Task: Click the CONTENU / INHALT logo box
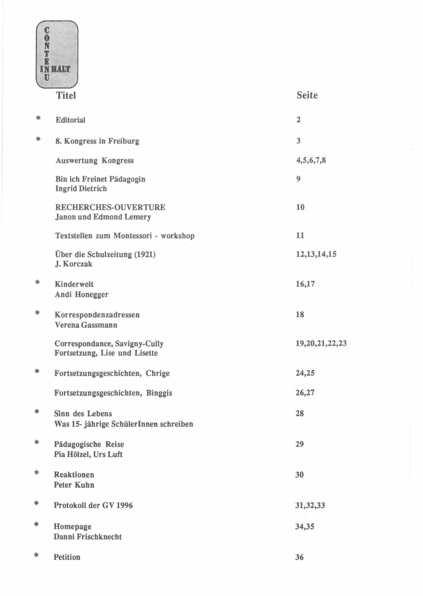click(x=57, y=54)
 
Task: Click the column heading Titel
click(x=66, y=95)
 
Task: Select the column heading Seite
click(x=307, y=95)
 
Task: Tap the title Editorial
click(x=70, y=120)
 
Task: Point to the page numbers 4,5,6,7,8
click(x=311, y=160)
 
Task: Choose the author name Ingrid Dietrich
click(x=81, y=189)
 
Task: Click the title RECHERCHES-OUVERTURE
click(x=110, y=207)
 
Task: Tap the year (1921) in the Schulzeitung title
click(x=145, y=254)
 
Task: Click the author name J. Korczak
click(x=73, y=264)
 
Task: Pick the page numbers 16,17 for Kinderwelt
click(x=305, y=284)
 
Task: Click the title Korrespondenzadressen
click(x=97, y=315)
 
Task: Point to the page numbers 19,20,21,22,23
click(x=321, y=343)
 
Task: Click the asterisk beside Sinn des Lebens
click(x=37, y=412)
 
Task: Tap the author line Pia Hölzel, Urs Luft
click(x=88, y=454)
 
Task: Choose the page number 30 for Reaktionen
click(x=299, y=475)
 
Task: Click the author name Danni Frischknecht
click(x=87, y=537)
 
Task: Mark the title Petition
click(x=67, y=557)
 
